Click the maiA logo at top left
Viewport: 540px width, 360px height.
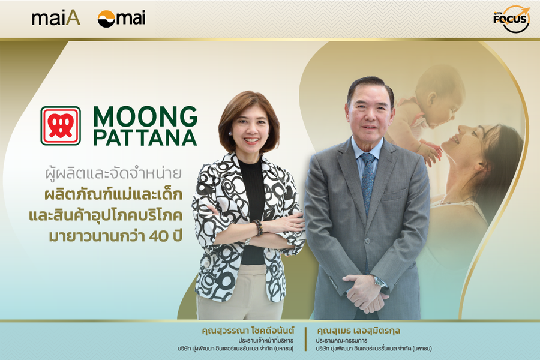pyautogui.click(x=56, y=19)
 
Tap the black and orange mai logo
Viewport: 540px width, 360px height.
pyautogui.click(x=121, y=19)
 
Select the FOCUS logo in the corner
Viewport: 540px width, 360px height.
pyautogui.click(x=511, y=19)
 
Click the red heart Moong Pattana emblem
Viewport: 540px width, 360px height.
pyautogui.click(x=61, y=126)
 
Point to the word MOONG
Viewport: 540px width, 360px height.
pyautogui.click(x=145, y=116)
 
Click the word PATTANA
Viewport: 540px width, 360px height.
pyautogui.click(x=145, y=138)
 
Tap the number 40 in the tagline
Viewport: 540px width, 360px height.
pyautogui.click(x=159, y=236)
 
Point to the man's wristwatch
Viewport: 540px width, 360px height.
pyautogui.click(x=380, y=282)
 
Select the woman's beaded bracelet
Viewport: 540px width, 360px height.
pyautogui.click(x=258, y=228)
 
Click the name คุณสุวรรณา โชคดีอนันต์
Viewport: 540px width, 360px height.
pyautogui.click(x=248, y=331)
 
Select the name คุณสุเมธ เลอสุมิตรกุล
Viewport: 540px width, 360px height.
pyautogui.click(x=358, y=331)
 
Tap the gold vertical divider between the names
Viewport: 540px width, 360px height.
pyautogui.click(x=305, y=339)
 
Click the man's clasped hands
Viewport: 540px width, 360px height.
pyautogui.click(x=365, y=293)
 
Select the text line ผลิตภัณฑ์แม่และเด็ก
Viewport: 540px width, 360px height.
pyautogui.click(x=113, y=194)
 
